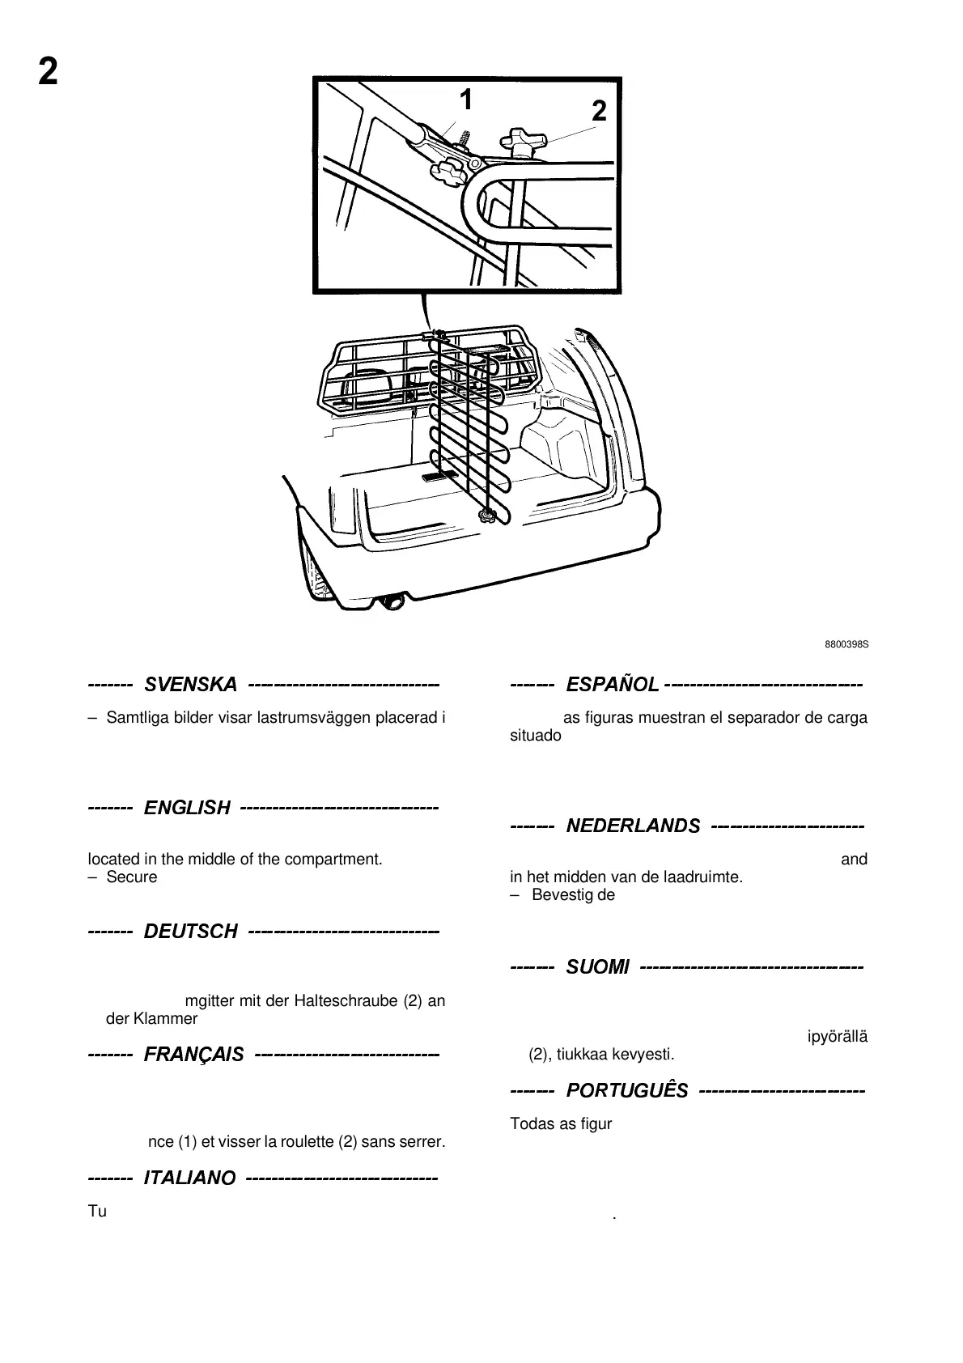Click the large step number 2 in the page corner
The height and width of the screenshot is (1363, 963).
(x=49, y=73)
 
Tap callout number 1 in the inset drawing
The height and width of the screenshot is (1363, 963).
(x=465, y=100)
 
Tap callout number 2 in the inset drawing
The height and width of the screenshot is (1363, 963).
(x=599, y=112)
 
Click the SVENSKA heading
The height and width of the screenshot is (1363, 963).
(x=190, y=685)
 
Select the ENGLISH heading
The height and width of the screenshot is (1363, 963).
(x=187, y=808)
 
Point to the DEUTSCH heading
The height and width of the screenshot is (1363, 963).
(x=190, y=932)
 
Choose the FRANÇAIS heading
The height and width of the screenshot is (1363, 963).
(x=193, y=1055)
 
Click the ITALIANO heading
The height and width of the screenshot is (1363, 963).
(x=189, y=1178)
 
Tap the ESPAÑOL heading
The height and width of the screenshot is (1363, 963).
(x=613, y=685)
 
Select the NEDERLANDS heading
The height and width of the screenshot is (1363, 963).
(x=633, y=826)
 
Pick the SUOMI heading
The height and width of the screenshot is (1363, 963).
(x=597, y=966)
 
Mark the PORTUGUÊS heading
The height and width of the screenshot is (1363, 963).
(x=627, y=1091)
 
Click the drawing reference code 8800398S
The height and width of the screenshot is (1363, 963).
(x=846, y=644)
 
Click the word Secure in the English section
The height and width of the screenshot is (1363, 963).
(x=132, y=877)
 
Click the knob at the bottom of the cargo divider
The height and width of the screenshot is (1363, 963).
(x=486, y=515)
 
